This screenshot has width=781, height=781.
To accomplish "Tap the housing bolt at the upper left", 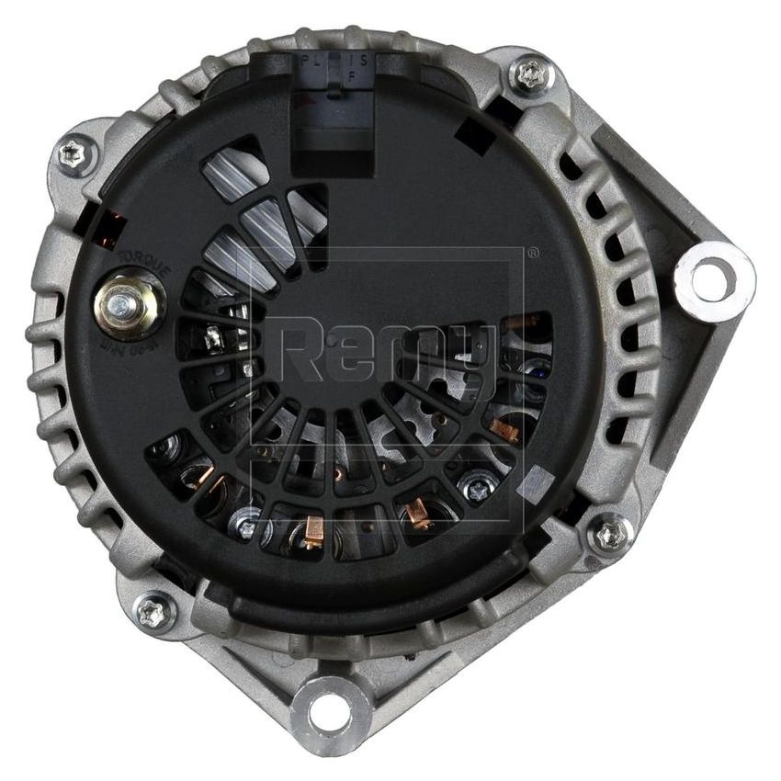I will pos(76,155).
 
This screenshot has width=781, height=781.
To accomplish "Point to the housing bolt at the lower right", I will pos(608,534).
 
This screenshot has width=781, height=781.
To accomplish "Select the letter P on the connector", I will pos(305,58).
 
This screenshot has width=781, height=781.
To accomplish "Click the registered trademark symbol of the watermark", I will pos(532,253).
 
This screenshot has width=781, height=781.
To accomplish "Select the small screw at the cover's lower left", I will pos(245,525).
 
